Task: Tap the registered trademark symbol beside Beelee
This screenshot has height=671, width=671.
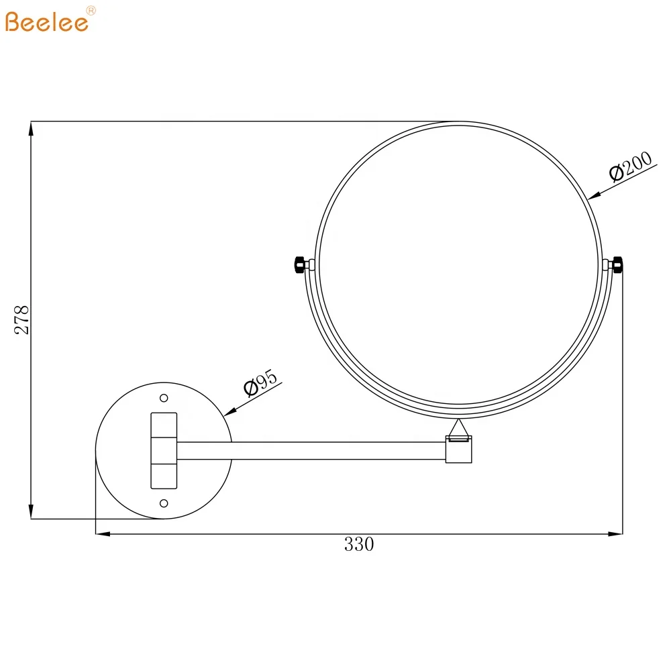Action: (x=92, y=10)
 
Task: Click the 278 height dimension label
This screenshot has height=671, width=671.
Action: (x=22, y=320)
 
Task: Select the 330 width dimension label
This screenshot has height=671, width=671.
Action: (x=359, y=544)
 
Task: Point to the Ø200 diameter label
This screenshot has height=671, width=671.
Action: (x=630, y=167)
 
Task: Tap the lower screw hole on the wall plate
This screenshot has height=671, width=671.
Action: (x=163, y=503)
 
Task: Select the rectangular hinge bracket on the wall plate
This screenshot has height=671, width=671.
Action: (x=163, y=450)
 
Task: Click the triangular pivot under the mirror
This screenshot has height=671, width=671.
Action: (x=460, y=427)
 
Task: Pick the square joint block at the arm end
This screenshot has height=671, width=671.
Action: (x=460, y=450)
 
